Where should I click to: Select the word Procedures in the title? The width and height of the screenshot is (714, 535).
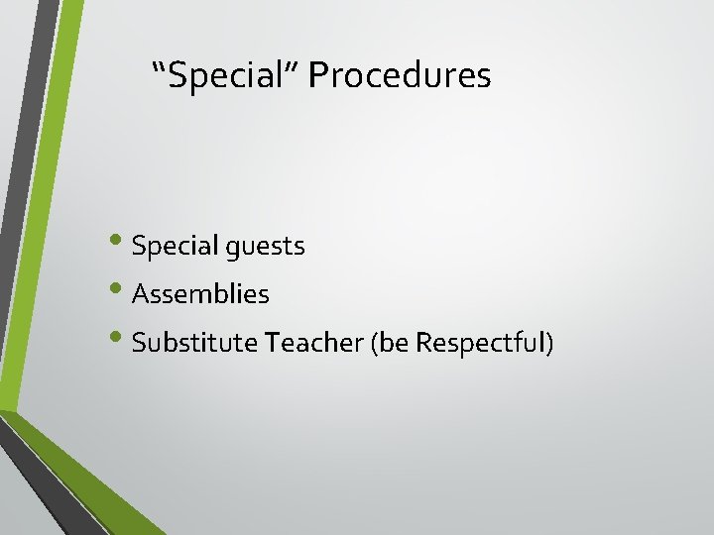400,75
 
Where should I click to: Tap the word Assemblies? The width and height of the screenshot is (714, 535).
200,294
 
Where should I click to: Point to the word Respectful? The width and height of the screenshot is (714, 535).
479,344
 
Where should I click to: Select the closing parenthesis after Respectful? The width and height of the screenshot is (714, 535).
548,344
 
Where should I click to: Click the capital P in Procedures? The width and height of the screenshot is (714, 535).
316,75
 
